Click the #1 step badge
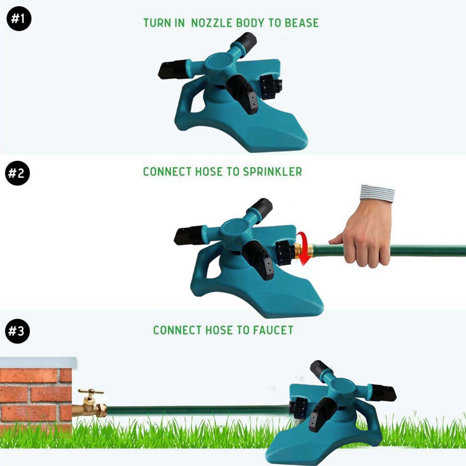[19, 18]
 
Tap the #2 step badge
[18, 173]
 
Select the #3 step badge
[18, 331]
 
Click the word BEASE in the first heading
[302, 23]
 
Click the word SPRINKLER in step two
[273, 172]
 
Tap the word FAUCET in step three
[273, 330]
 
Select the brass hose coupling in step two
[303, 251]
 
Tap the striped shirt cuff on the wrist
[377, 193]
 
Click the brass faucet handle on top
[91, 392]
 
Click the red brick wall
[35, 398]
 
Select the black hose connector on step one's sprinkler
[270, 87]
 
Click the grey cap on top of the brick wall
[38, 363]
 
